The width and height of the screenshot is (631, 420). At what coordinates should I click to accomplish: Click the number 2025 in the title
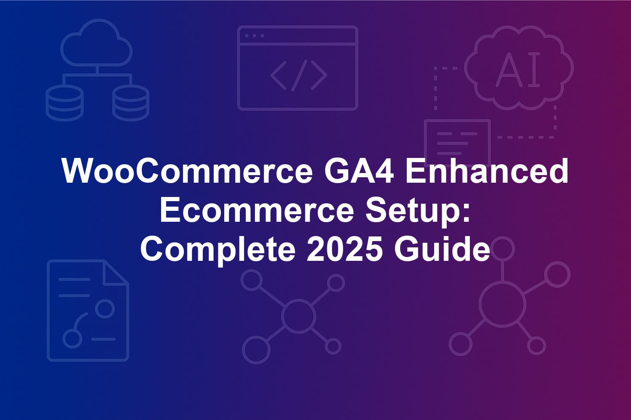pyautogui.click(x=345, y=249)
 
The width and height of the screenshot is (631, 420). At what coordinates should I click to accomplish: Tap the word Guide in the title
pyautogui.click(x=442, y=249)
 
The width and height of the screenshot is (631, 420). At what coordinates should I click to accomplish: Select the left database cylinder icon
pyautogui.click(x=64, y=102)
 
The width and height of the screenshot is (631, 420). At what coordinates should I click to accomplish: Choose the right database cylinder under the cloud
pyautogui.click(x=131, y=102)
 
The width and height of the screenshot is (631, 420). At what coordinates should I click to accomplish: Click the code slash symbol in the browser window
pyautogui.click(x=299, y=76)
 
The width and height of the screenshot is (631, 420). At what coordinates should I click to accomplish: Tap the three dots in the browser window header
pyautogui.click(x=255, y=36)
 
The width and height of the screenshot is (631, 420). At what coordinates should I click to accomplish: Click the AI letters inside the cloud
pyautogui.click(x=518, y=69)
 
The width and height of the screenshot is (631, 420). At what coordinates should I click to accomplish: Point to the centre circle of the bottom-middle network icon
pyautogui.click(x=298, y=315)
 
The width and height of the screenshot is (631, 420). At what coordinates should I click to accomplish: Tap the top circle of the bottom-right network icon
pyautogui.click(x=503, y=249)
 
